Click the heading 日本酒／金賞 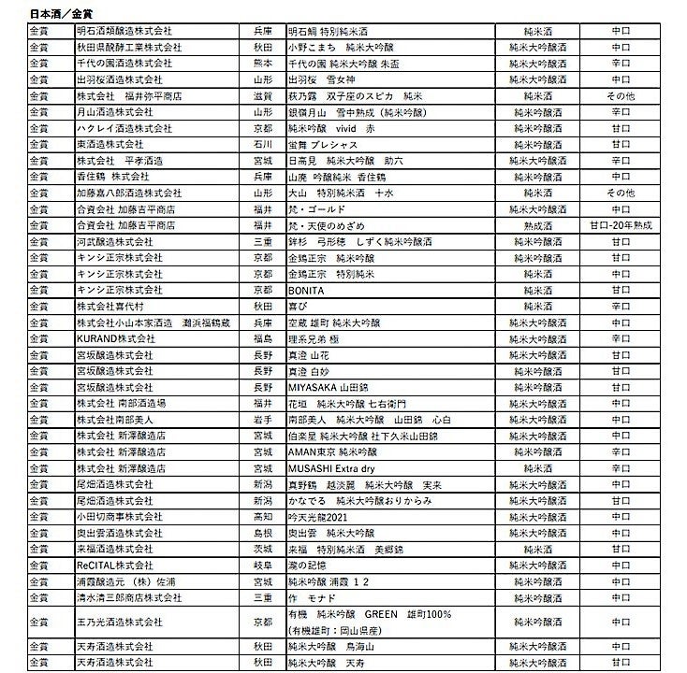coord(55,14)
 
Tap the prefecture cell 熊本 coord(263,63)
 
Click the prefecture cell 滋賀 coord(263,95)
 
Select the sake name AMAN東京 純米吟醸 coord(330,451)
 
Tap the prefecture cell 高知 coord(263,516)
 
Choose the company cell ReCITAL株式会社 coord(114,565)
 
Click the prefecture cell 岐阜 coord(263,565)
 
